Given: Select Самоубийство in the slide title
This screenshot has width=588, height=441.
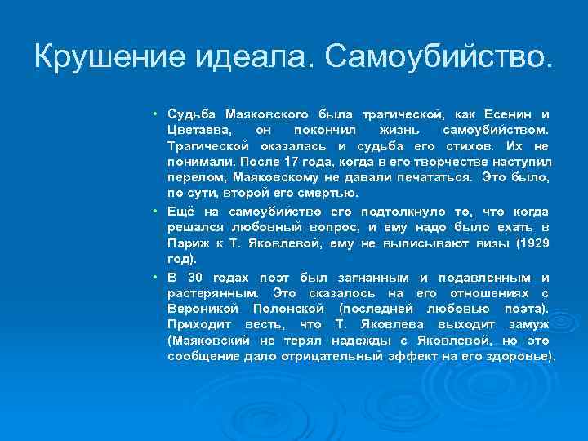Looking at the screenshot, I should pyautogui.click(x=439, y=56).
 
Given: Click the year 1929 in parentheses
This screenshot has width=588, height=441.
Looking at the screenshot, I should pyautogui.click(x=532, y=243).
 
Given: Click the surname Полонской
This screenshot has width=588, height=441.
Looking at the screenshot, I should pyautogui.click(x=288, y=309).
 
